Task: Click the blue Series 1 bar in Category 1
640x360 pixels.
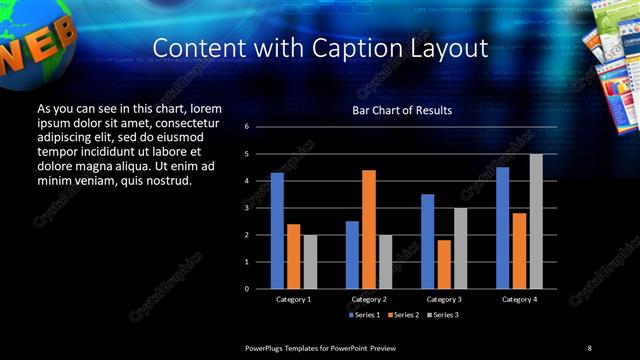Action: tap(277, 231)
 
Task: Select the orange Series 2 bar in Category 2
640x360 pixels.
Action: tap(368, 229)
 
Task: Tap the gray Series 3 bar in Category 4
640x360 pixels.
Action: tap(535, 221)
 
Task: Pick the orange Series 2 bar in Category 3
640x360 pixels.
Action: tap(443, 264)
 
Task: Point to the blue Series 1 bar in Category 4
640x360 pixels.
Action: tap(502, 228)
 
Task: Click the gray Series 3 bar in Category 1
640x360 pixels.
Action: tap(309, 262)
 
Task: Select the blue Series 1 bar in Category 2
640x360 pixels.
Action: tap(352, 255)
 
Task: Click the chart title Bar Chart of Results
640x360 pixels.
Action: tap(402, 110)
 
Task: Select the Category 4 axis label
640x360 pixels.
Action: tap(518, 299)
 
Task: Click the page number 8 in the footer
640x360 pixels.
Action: tap(590, 347)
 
